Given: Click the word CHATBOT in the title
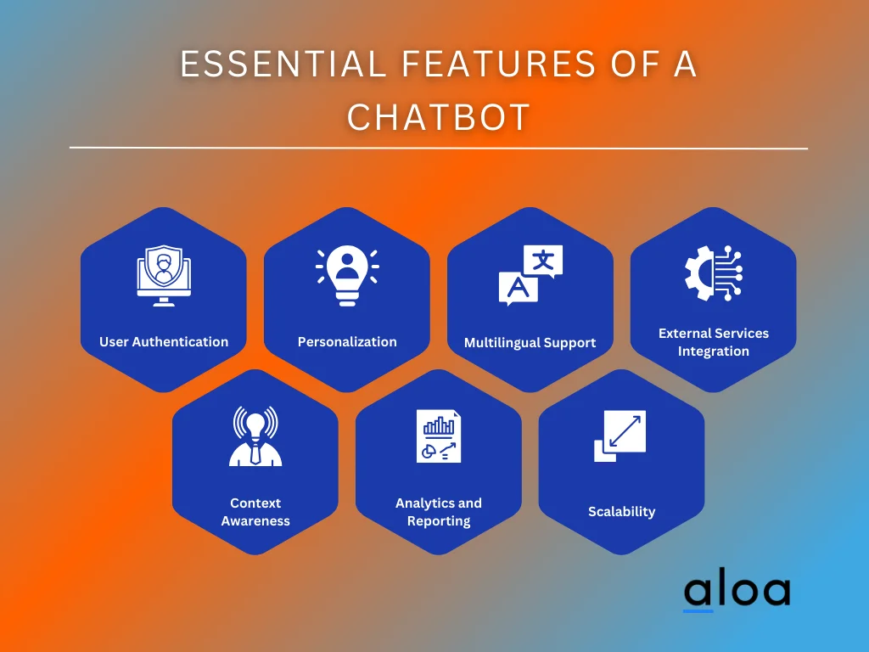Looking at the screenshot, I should coord(438,117).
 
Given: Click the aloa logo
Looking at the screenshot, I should coord(737,592).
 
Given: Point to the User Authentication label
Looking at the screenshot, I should coord(164,342).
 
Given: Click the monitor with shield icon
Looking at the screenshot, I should coord(164,276).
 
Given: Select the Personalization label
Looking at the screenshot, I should coord(347,342).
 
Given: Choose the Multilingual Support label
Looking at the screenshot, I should coord(530,343).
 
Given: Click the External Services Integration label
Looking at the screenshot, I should coord(714,342).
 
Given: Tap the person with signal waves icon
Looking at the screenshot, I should coord(255,436).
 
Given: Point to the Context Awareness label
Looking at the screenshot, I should coord(255,512).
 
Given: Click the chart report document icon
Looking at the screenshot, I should coord(439,436).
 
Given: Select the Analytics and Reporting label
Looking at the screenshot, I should coord(439,512).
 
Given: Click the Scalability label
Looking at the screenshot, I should coord(622,512).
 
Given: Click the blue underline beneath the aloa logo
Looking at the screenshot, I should coord(698,610).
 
